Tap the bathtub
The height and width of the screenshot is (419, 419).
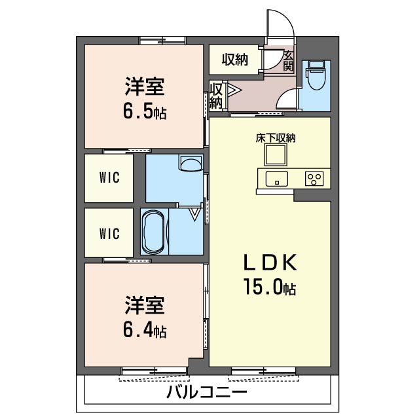pyautogui.click(x=153, y=232)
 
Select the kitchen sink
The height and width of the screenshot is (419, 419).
pyautogui.click(x=276, y=179)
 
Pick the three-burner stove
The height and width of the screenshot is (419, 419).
pyautogui.click(x=314, y=179)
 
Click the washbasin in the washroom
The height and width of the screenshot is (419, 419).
pyautogui.click(x=191, y=163)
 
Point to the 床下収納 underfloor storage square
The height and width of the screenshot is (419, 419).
pyautogui.click(x=276, y=155)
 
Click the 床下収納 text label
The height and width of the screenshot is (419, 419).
pyautogui.click(x=276, y=138)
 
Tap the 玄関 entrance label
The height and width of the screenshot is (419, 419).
pyautogui.click(x=289, y=61)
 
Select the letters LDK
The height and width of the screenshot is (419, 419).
pyautogui.click(x=270, y=263)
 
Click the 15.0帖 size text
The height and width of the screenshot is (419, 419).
pyautogui.click(x=269, y=287)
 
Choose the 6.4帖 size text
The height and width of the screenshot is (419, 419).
pyautogui.click(x=145, y=330)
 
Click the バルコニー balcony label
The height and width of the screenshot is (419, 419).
pyautogui.click(x=207, y=392)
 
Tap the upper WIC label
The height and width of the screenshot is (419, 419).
pyautogui.click(x=109, y=177)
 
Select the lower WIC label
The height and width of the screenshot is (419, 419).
pyautogui.click(x=109, y=234)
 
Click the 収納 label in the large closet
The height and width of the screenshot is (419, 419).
pyautogui.click(x=235, y=60)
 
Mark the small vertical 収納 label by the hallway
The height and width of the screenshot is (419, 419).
pyautogui.click(x=216, y=96)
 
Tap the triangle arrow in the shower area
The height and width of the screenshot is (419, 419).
pyautogui.click(x=195, y=214)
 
